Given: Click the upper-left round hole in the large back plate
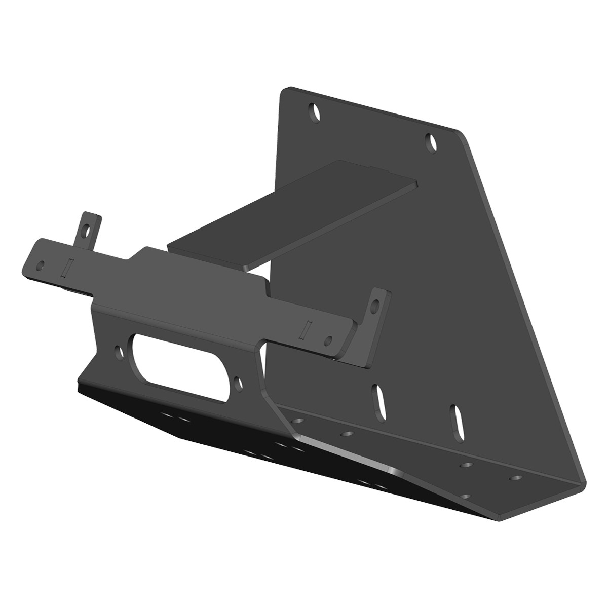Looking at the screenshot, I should [316, 112].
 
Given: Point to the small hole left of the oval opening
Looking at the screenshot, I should [119, 352].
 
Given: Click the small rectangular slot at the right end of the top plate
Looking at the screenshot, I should [305, 330].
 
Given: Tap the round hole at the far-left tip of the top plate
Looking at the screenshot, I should [41, 265].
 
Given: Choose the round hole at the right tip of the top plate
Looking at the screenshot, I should [328, 340].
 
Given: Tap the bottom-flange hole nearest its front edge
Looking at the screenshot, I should [467, 496].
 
